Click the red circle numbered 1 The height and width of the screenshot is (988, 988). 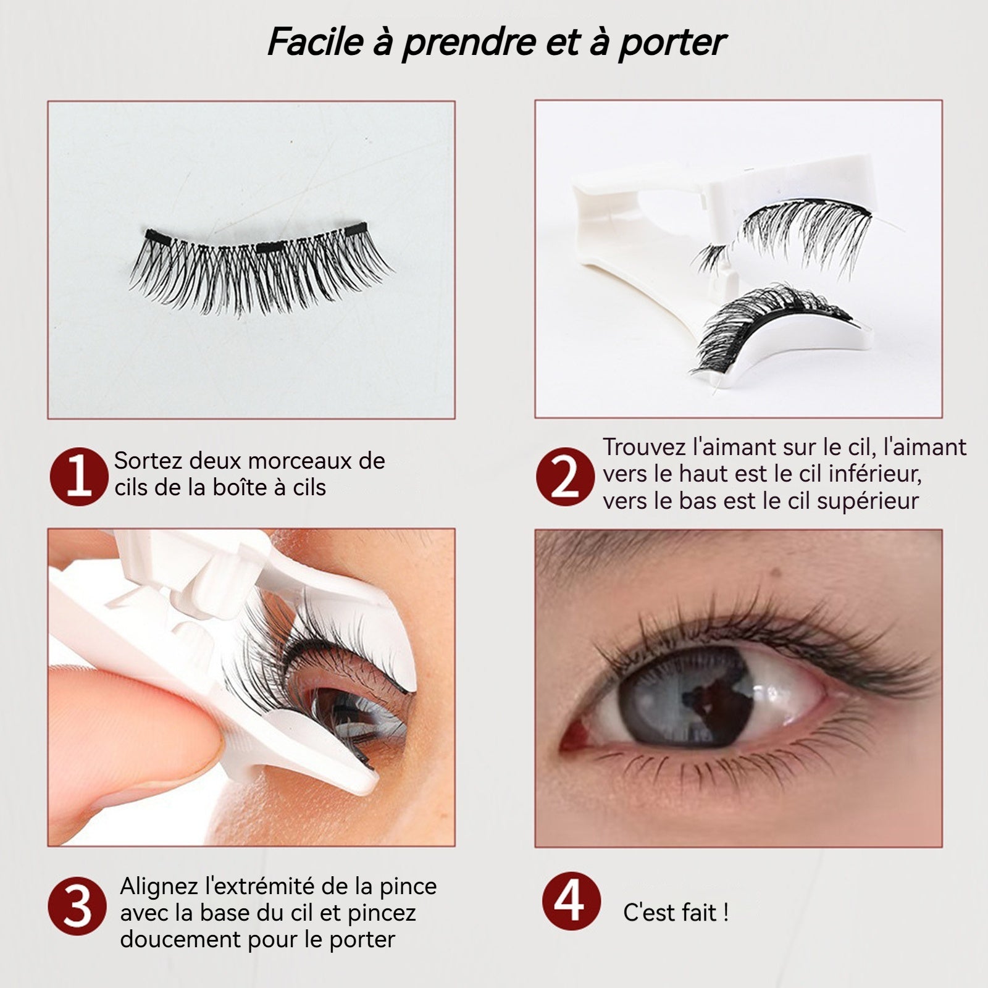coord(79,477)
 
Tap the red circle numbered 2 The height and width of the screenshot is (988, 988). coord(565,477)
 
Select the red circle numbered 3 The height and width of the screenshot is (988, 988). coord(78,906)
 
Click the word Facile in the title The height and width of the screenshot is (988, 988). coord(315,42)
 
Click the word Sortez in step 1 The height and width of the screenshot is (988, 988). coord(148,461)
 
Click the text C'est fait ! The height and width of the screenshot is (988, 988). coord(676,912)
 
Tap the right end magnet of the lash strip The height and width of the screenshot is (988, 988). coord(355,228)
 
